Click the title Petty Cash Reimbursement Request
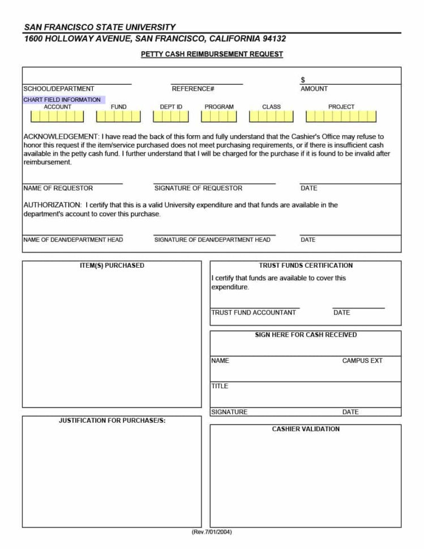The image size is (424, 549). tap(212, 54)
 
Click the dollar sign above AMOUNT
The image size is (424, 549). tap(303, 80)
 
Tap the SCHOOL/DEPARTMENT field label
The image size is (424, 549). tap(59, 89)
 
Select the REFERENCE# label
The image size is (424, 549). tap(193, 89)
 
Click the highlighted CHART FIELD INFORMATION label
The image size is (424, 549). tap(62, 100)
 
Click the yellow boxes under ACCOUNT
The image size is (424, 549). tap(57, 117)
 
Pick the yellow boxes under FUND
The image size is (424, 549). tap(118, 117)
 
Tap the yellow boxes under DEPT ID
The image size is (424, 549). tap(171, 117)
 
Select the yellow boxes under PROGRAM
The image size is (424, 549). tap(219, 117)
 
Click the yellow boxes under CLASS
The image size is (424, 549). tap(271, 117)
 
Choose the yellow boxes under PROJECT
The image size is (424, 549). tap(341, 117)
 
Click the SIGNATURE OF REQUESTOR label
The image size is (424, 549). tap(198, 188)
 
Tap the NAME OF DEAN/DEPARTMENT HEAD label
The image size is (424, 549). tap(73, 240)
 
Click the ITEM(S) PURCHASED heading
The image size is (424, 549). tap(112, 265)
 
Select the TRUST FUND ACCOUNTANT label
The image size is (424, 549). tap(254, 312)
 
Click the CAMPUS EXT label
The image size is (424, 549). tap(362, 361)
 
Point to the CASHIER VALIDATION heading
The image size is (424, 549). tap(306, 429)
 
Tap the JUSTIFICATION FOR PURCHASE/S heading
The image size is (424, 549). tap(112, 421)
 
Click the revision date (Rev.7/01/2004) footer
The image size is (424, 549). tap(212, 532)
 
